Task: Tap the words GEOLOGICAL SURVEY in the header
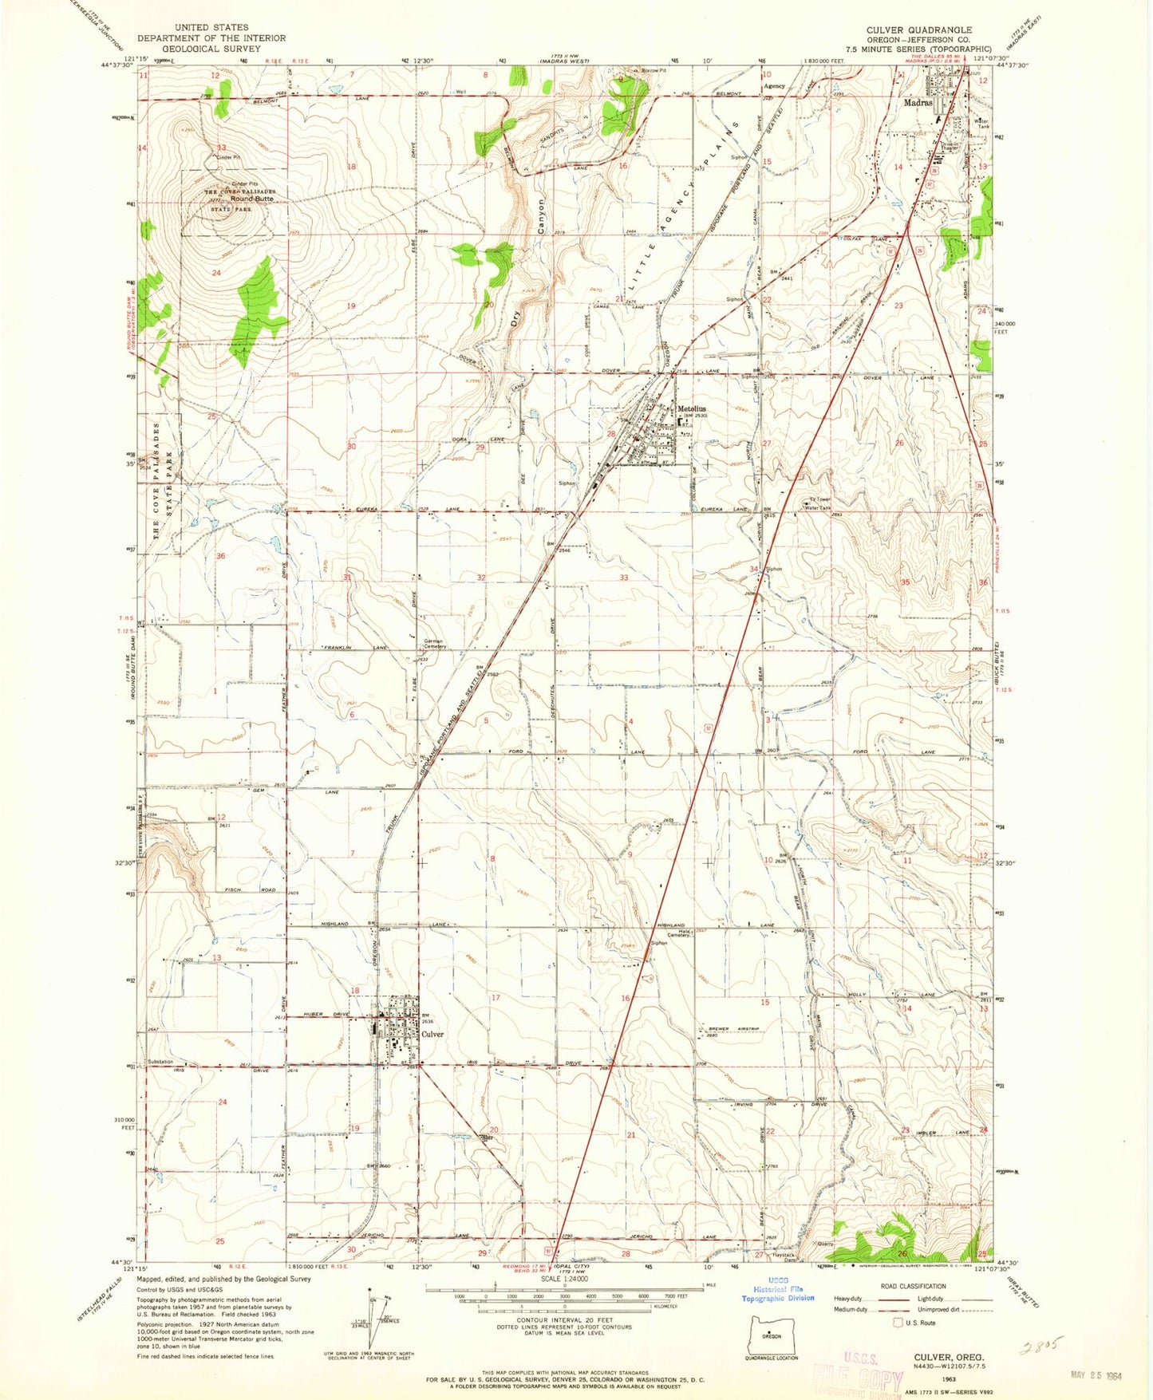pos(211,49)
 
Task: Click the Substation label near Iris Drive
pos(160,1062)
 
